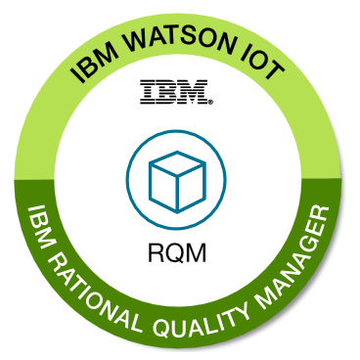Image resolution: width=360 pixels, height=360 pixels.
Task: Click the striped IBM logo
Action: point(177,95)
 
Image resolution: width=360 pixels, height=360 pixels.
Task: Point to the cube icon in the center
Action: point(176,178)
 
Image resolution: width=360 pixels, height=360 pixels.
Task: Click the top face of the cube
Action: point(176,164)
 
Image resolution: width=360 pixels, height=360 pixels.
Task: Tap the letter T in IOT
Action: point(276,77)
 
